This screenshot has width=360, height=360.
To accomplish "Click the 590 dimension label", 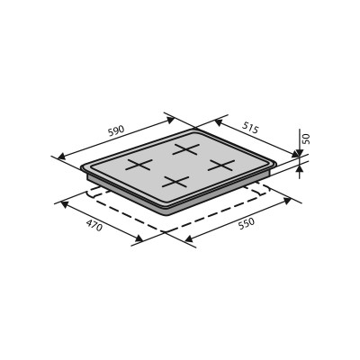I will (116, 131).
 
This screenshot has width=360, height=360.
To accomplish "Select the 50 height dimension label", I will (306, 139).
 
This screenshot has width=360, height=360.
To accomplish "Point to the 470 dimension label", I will (94, 226).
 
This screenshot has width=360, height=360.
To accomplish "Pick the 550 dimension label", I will (246, 222).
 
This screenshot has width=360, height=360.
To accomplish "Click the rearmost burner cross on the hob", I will (186, 149).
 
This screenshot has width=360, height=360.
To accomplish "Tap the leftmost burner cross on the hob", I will (138, 165).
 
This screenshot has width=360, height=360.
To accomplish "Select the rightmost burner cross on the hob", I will (221, 165).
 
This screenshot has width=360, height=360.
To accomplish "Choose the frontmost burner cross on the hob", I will (175, 181).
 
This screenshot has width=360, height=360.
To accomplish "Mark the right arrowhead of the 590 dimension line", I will (170, 116).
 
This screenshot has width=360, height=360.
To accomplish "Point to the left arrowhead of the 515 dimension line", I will (198, 118).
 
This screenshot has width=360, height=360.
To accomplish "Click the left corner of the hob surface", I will (82, 167).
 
